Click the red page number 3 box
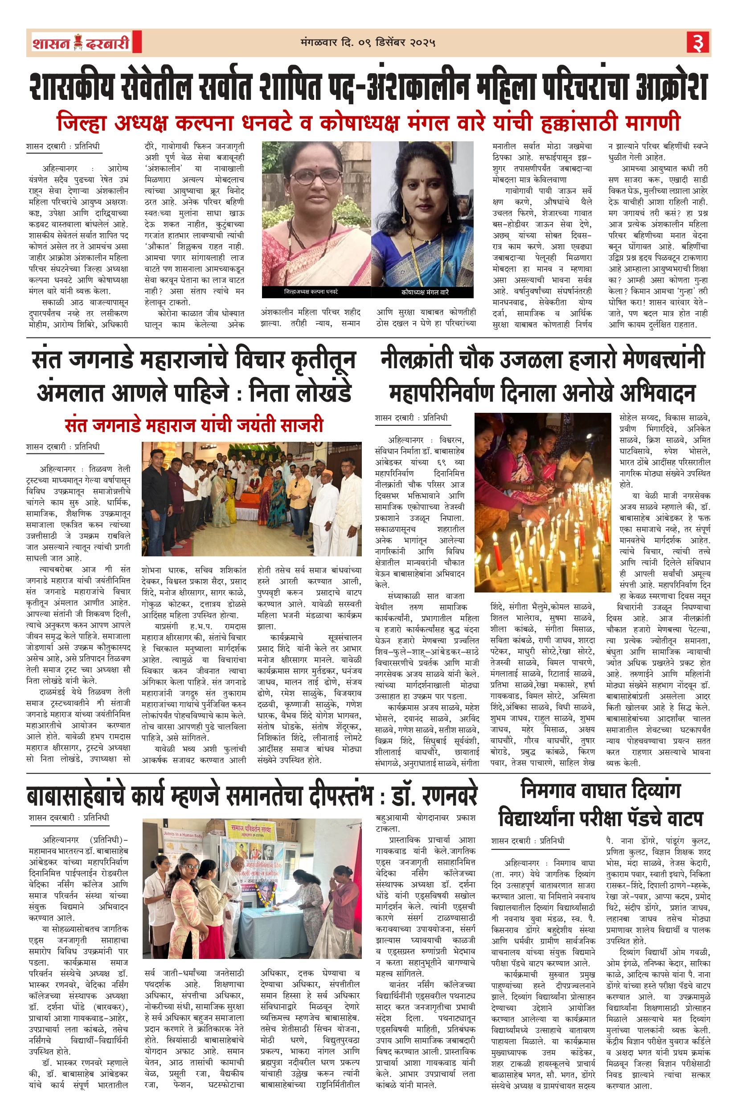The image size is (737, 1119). click(697, 43)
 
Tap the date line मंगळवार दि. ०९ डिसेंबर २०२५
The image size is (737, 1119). click(368, 43)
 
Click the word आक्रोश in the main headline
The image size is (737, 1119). click(671, 87)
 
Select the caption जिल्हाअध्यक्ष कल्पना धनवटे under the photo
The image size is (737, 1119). click(311, 292)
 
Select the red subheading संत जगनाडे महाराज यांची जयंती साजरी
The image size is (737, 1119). click(194, 425)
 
